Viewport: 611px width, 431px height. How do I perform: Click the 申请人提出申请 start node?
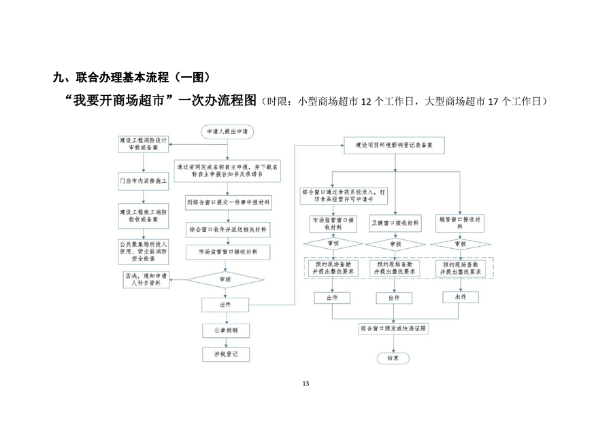[x=228, y=131]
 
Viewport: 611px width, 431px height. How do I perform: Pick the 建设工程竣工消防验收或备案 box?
[x=144, y=215]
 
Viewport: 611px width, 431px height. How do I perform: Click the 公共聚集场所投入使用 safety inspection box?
[x=144, y=252]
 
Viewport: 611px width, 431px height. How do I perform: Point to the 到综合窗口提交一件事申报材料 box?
[x=228, y=202]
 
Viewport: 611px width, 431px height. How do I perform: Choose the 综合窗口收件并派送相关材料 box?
[x=228, y=230]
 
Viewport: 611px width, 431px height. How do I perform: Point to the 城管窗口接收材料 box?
[x=460, y=222]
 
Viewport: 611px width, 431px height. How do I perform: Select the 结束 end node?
[x=393, y=358]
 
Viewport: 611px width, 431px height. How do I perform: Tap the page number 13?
[x=305, y=384]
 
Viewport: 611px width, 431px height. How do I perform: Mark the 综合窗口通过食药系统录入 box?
[x=345, y=196]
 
